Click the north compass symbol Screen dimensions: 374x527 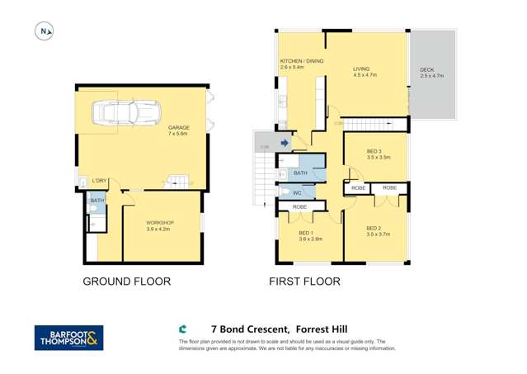44,32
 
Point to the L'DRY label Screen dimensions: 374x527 99,181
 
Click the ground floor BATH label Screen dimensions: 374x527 96,201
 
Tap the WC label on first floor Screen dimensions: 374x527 297,193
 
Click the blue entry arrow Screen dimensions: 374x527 285,143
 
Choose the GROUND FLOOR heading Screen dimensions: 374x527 126,282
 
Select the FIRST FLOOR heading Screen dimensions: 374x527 304,282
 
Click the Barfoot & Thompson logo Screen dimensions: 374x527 68,338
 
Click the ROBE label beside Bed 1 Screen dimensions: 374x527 299,206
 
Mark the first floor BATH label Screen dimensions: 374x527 300,173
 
